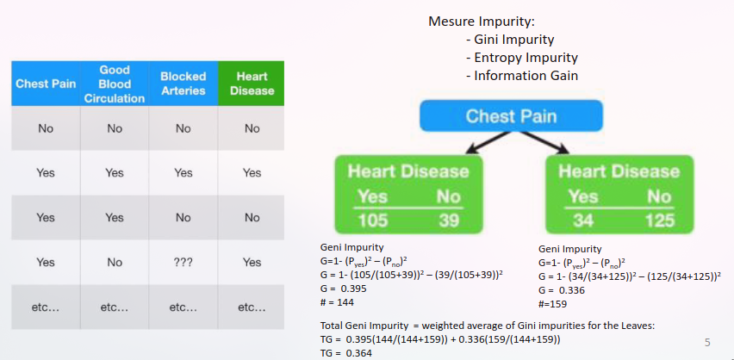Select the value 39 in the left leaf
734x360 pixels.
(448, 220)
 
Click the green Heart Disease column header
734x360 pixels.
(252, 84)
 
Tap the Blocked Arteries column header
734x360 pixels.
(183, 84)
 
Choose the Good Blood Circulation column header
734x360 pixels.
(115, 84)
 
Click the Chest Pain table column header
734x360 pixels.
(46, 84)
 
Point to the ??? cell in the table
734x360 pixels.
(183, 262)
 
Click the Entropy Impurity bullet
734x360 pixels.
(526, 58)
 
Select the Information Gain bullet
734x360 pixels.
(526, 76)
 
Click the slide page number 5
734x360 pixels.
(707, 343)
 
